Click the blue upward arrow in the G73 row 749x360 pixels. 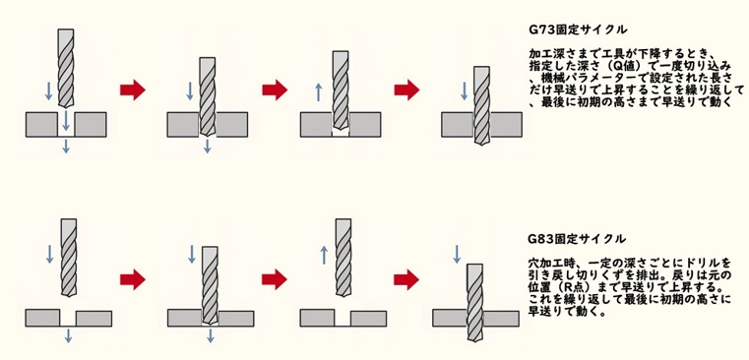point(316,92)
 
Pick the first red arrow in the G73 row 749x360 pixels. point(131,90)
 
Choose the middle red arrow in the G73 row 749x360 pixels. point(274,90)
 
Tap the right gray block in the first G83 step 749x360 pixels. point(93,318)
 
